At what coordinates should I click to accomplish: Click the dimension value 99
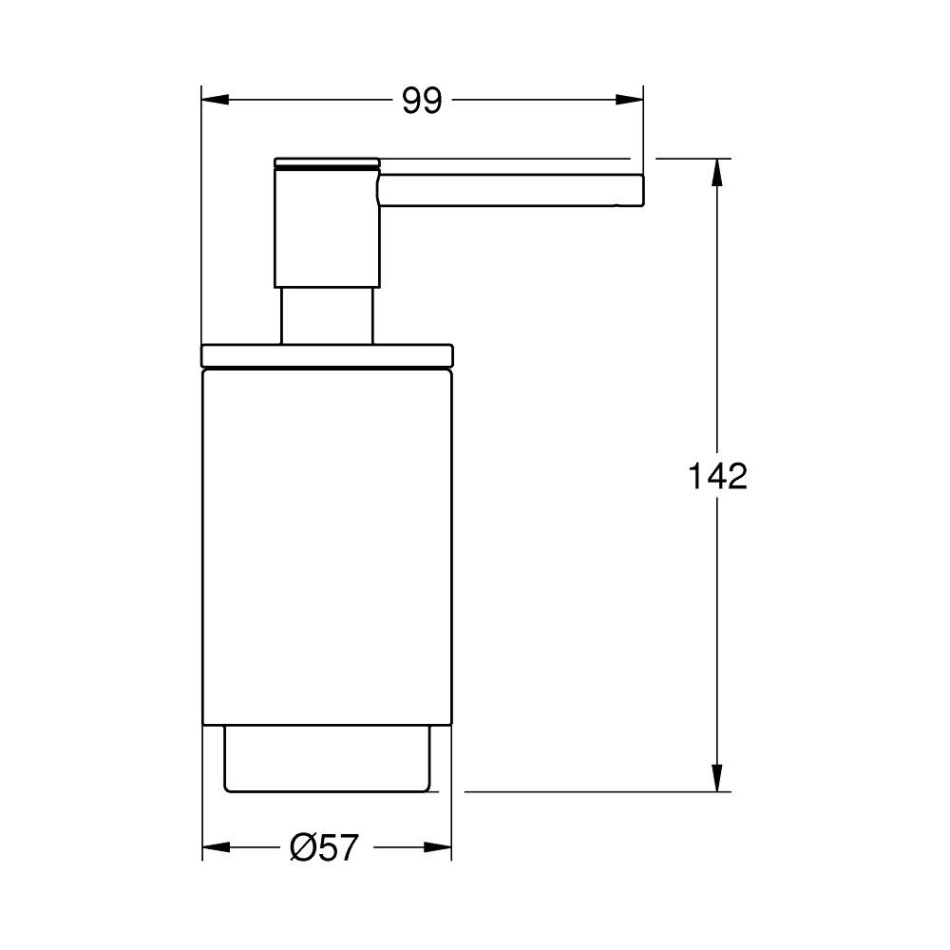(x=422, y=100)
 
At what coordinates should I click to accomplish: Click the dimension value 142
(x=717, y=476)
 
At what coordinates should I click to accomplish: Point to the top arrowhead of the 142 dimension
(x=718, y=172)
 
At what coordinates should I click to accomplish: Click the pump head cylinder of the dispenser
(x=326, y=228)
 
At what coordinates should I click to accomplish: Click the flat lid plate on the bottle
(x=328, y=353)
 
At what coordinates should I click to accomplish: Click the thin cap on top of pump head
(x=326, y=160)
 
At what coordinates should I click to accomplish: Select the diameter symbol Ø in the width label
(x=301, y=846)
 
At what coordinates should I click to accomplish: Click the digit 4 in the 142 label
(x=717, y=476)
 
